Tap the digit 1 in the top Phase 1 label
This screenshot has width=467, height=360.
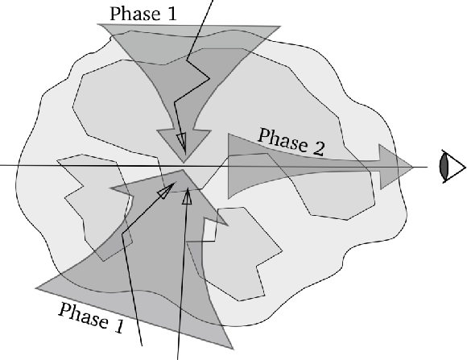coord(172,14)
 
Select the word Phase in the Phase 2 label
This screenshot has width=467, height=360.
coord(283,139)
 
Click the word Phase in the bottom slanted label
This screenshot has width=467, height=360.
coord(84,317)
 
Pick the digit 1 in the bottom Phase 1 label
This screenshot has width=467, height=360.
coord(119,326)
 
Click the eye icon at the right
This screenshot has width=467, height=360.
coord(453,167)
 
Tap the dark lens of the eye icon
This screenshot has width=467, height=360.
coord(444,166)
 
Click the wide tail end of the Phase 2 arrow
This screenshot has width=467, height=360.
coord(229,166)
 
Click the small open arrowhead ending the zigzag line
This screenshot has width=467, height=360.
coord(182,143)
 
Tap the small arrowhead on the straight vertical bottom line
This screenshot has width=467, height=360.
coord(187,197)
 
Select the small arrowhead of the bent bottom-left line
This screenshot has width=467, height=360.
coord(166,191)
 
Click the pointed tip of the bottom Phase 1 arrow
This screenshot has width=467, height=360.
coord(183,170)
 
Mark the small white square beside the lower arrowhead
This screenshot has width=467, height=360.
coord(209,230)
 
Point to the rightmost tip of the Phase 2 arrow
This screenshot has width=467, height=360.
coord(413,168)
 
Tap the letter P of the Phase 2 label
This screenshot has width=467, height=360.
coord(264,135)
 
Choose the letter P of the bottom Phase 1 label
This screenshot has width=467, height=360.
coord(64,310)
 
